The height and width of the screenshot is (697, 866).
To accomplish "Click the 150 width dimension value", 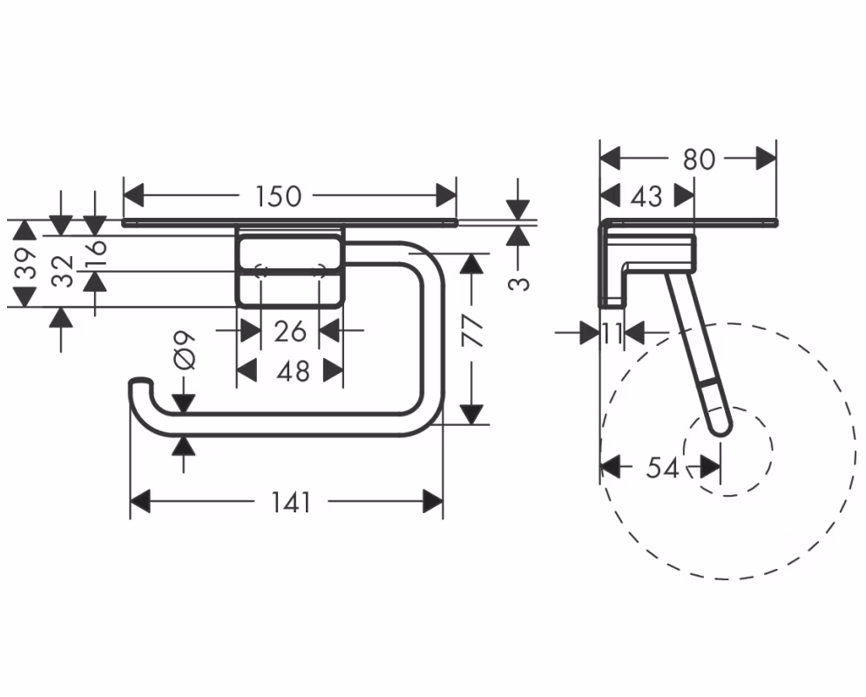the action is (x=279, y=196).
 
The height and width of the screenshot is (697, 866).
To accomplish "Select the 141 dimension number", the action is (x=292, y=502).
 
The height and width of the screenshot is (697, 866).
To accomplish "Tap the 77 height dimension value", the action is (x=471, y=330).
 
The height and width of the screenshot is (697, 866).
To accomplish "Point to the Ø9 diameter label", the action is (x=184, y=350).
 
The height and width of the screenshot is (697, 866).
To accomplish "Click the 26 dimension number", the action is (x=290, y=331).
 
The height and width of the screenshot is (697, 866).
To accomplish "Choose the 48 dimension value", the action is (x=294, y=371).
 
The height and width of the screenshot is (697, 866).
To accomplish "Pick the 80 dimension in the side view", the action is (x=700, y=159).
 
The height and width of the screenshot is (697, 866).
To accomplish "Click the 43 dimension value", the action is (x=646, y=196).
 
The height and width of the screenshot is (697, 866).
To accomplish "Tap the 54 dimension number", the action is (x=662, y=469).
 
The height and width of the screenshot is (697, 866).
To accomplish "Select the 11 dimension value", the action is (x=612, y=333).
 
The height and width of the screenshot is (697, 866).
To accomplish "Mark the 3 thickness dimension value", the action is (x=518, y=283).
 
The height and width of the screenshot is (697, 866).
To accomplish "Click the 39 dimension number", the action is (x=25, y=263).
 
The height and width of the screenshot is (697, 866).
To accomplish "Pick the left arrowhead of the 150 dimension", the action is (x=133, y=196).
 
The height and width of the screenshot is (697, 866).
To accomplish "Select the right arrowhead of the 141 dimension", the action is (x=433, y=502).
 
